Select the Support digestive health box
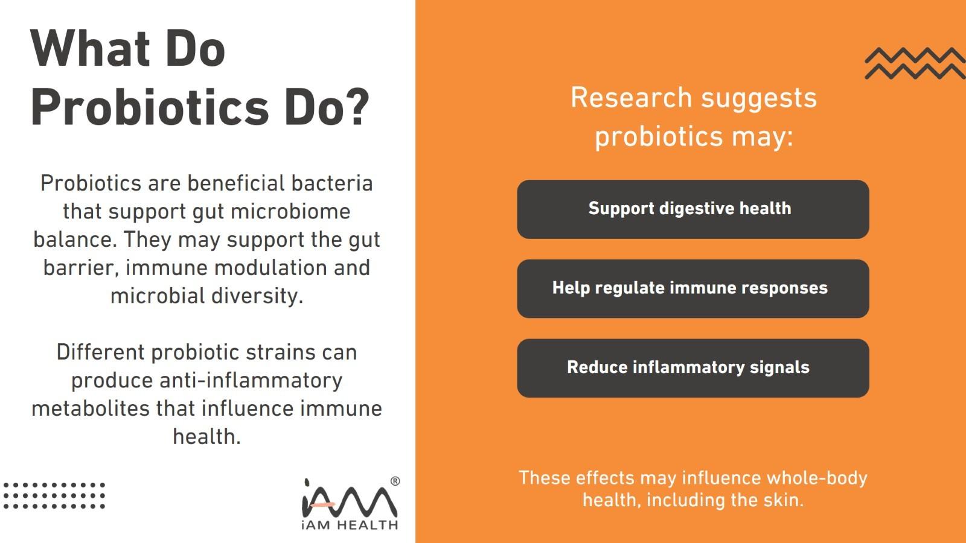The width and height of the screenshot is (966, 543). coord(693,209)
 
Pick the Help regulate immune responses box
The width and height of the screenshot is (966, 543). coord(693,288)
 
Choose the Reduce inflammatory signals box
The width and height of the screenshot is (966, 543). coord(693,368)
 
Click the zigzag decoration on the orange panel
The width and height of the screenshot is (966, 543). coord(915,63)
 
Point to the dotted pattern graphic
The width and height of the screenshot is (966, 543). coord(54,495)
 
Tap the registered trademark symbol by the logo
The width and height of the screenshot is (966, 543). coord(395,481)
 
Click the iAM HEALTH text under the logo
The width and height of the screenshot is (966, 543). coord(350,525)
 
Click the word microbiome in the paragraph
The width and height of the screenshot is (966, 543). coord(290,212)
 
